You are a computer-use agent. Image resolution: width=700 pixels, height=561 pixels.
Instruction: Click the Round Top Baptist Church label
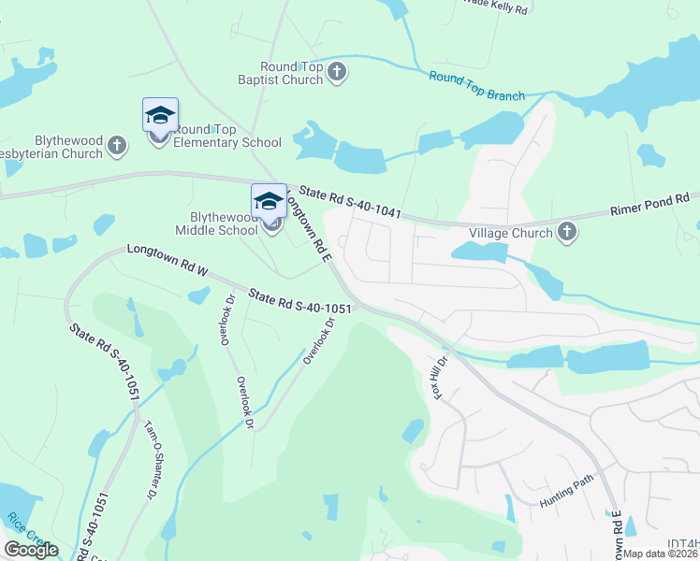(x=291, y=73)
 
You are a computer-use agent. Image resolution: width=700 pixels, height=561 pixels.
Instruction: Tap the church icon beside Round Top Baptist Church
(x=337, y=72)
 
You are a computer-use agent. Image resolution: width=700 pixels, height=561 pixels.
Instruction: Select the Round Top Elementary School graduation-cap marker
(x=159, y=116)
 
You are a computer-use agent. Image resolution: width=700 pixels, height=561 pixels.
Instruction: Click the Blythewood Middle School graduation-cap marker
(x=269, y=201)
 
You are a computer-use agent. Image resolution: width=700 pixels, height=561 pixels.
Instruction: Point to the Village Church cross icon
(x=567, y=232)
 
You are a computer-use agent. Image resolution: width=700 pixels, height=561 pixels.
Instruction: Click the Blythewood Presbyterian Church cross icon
(x=117, y=145)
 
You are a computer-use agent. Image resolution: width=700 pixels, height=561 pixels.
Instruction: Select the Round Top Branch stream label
(x=477, y=87)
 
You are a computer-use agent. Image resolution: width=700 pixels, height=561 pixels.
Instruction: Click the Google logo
(x=31, y=550)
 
